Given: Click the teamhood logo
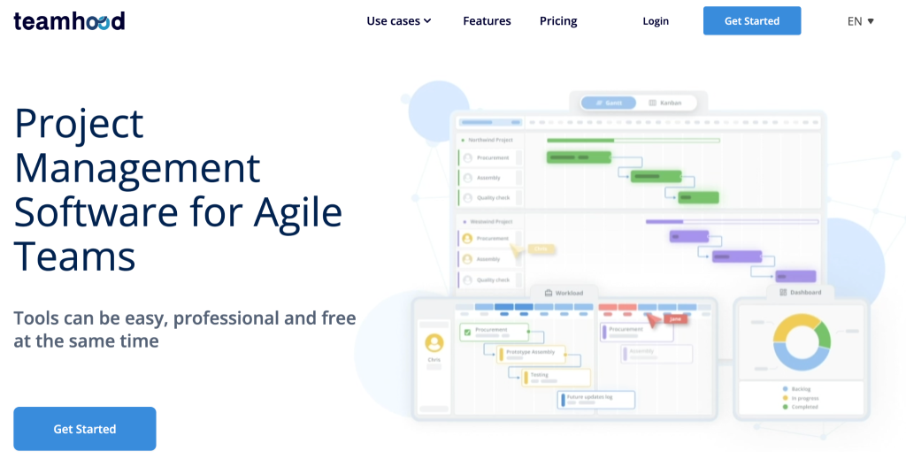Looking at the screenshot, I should coord(69,21).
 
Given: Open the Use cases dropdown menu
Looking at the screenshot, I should coord(399,21).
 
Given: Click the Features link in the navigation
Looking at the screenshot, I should coord(487,21).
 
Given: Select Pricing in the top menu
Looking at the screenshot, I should coord(558,21).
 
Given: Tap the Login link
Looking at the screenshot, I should coord(656,21).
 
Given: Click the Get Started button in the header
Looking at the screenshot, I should coord(751,21).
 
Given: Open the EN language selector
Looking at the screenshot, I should coord(860,21).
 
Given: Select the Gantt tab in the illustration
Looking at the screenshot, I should coord(610,103).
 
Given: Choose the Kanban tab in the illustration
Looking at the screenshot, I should coord(666,103).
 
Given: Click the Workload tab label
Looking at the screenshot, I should coord(564,293).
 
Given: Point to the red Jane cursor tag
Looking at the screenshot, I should coord(674,318).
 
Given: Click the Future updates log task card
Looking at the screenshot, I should coord(596,400).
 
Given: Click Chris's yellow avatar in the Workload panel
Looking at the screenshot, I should coord(434,342).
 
